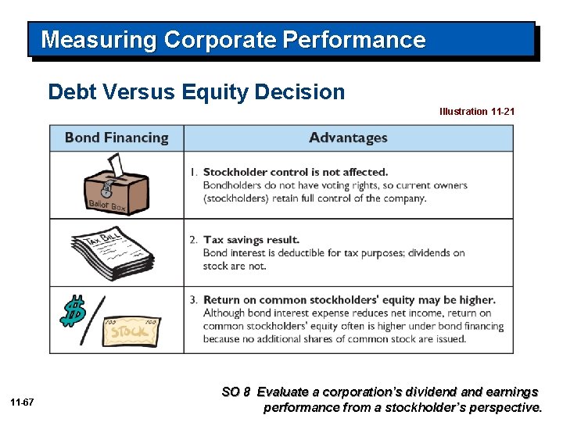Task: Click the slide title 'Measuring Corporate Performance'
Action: click(233, 40)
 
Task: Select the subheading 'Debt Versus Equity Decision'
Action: click(196, 92)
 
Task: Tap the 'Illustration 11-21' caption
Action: click(476, 112)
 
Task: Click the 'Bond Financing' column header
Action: click(117, 138)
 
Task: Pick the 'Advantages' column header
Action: click(348, 138)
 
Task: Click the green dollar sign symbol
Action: click(74, 311)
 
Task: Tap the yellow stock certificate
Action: click(131, 331)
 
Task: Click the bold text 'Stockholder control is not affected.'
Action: click(296, 172)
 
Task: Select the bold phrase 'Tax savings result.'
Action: click(251, 240)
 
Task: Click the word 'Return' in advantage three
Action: click(222, 300)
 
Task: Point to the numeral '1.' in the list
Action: click(193, 172)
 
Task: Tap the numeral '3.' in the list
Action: click(193, 300)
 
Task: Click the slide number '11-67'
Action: click(22, 402)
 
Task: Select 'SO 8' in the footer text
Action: click(236, 392)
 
